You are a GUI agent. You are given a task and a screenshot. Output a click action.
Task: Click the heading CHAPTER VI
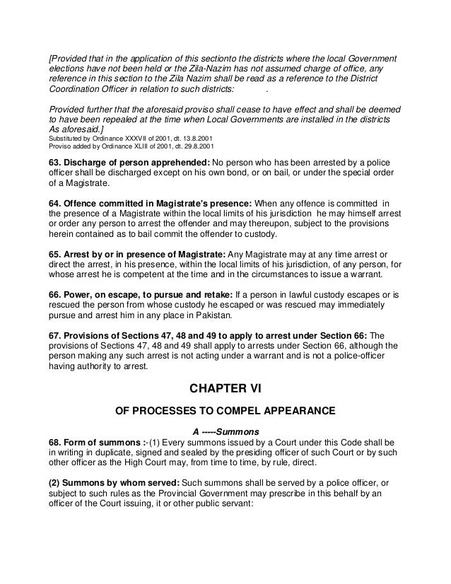(225, 387)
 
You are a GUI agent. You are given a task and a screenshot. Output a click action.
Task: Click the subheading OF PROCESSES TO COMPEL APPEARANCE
(225, 410)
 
